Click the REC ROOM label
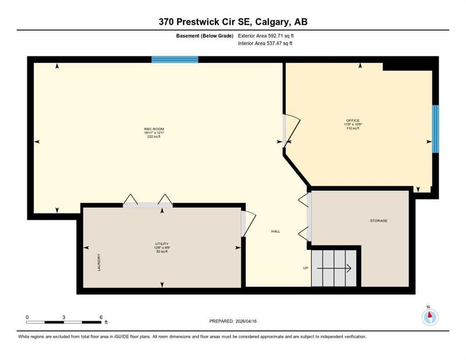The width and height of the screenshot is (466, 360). (154, 129)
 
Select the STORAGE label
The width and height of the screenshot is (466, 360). (378, 220)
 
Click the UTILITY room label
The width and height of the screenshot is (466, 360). (162, 244)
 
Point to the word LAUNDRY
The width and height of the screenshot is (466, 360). (99, 262)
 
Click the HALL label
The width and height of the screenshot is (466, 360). (276, 231)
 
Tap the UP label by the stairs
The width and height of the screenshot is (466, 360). (305, 268)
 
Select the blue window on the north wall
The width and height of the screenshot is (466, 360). (174, 60)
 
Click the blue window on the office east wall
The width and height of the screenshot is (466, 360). (436, 129)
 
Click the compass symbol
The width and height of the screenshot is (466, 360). (429, 316)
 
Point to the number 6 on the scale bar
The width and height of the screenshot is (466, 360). (101, 317)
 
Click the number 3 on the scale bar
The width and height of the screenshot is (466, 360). (63, 317)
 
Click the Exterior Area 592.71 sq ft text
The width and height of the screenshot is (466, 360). (266, 36)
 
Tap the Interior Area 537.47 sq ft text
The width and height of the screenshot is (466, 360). (266, 43)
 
